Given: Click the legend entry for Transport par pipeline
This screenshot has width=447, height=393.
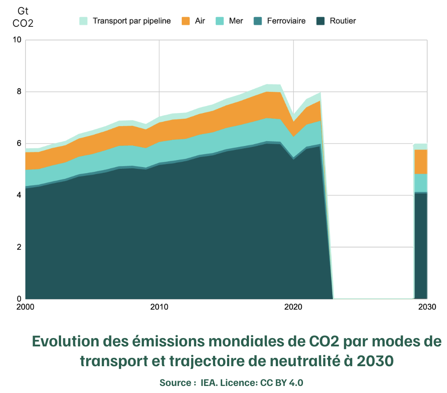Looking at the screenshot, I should [x=131, y=21].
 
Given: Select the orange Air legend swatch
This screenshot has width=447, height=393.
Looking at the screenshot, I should [x=185, y=21].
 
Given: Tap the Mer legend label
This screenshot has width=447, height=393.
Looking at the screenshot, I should [x=235, y=21].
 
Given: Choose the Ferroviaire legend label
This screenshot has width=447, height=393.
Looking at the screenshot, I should [x=286, y=21].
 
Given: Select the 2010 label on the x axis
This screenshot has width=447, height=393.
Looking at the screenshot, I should [x=159, y=307].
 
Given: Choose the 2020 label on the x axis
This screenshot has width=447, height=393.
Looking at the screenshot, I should [x=293, y=307].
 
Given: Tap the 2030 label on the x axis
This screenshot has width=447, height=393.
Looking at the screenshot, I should [x=427, y=307].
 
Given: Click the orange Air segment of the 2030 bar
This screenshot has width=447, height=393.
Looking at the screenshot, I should [x=421, y=162].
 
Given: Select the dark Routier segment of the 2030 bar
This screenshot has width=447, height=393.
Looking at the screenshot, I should [x=421, y=246].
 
